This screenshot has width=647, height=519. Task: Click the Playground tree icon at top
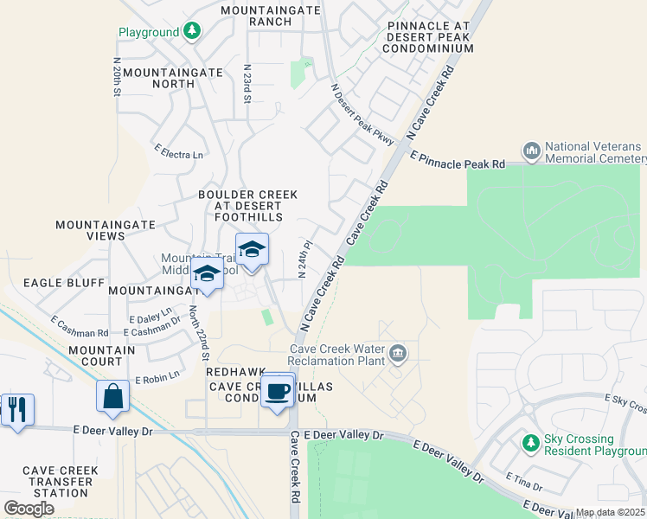click(192, 32)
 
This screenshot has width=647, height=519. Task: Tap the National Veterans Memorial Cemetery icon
click(532, 151)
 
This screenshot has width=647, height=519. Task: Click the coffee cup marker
click(278, 390)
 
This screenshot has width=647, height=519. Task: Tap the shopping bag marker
click(113, 396)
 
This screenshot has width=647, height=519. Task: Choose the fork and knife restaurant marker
click(17, 408)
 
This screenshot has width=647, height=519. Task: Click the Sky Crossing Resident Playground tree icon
click(531, 444)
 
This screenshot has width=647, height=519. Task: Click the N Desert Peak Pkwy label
click(363, 113)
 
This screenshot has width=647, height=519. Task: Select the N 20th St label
click(116, 77)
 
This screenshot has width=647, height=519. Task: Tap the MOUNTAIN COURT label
click(102, 356)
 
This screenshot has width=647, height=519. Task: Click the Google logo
click(29, 509)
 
